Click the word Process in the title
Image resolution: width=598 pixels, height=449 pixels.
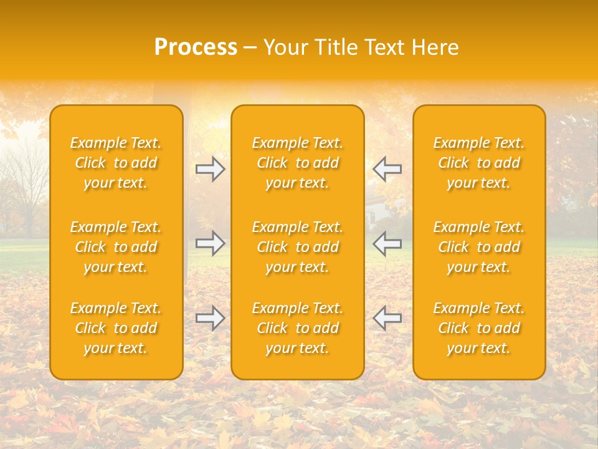[x=196, y=47]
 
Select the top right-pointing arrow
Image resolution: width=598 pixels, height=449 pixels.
[x=210, y=169]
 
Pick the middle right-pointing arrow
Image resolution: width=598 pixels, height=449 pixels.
[x=210, y=243]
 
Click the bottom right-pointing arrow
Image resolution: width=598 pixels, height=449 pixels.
[x=210, y=318]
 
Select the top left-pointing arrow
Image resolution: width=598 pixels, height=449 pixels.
[x=387, y=169]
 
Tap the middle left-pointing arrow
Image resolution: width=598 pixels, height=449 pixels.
[x=387, y=243]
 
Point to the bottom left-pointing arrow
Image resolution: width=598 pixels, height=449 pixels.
[x=387, y=318]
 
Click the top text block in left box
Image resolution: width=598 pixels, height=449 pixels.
[x=116, y=163]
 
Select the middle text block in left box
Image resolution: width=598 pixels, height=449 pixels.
[x=116, y=247]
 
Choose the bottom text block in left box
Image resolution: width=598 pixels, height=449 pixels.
[x=116, y=328]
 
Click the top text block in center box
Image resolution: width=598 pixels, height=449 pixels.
[x=298, y=163]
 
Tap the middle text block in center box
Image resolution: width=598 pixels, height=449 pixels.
[x=298, y=247]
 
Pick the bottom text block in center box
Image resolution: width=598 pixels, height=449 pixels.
[x=298, y=328]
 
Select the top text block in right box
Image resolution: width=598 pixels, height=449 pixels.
[x=479, y=163]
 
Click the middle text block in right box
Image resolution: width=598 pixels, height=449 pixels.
[x=479, y=247]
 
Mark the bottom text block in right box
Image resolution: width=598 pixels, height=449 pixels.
[x=479, y=328]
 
